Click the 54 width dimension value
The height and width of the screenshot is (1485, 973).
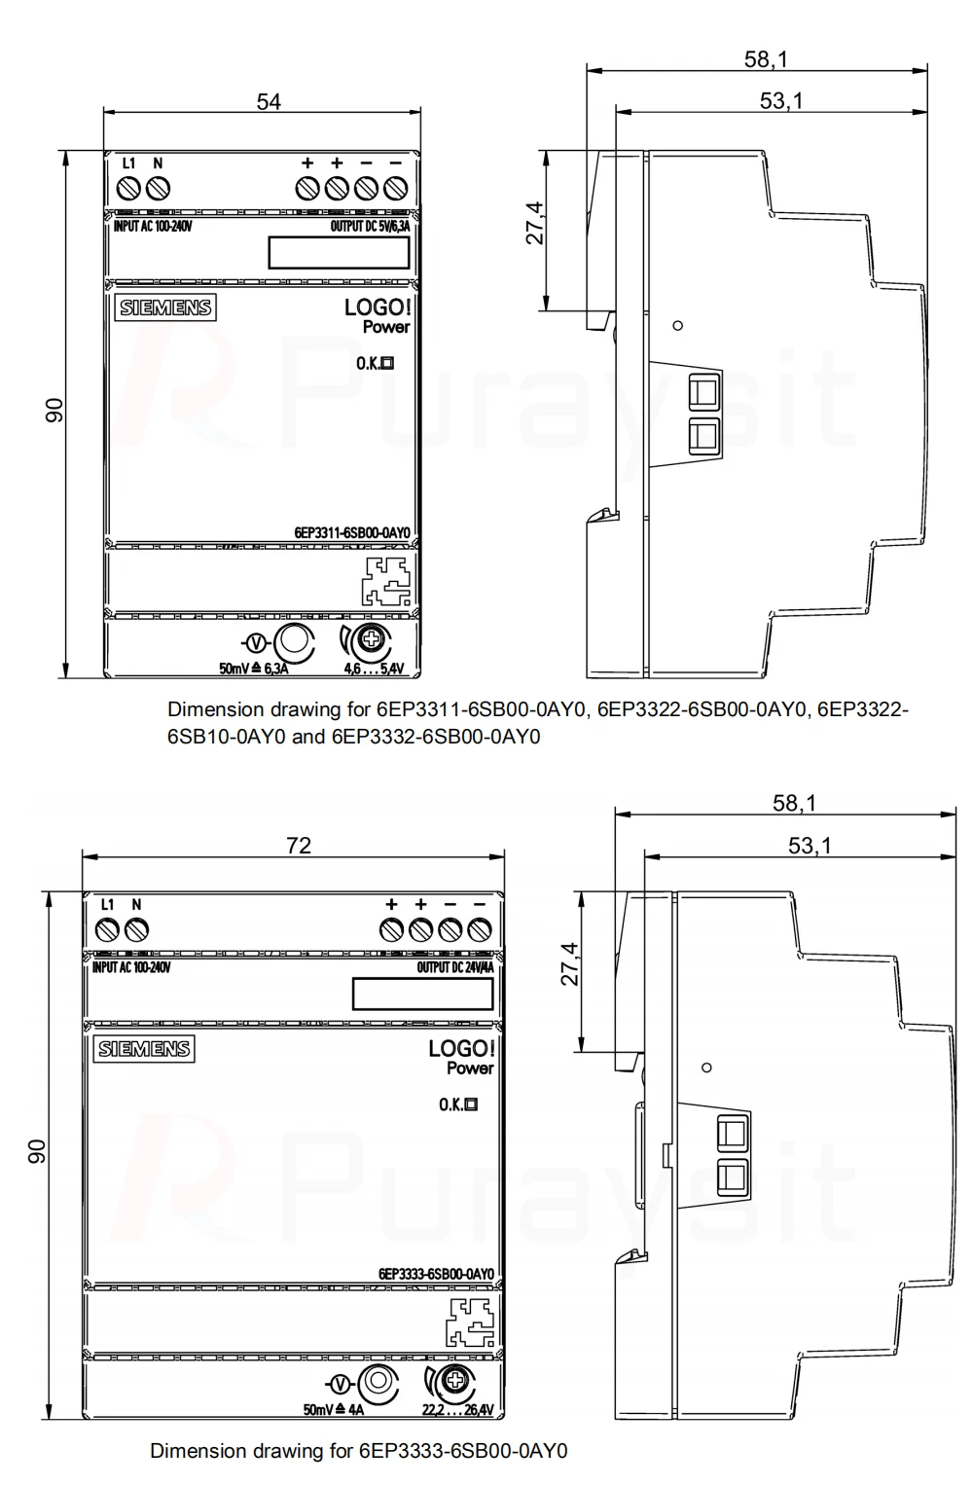[269, 101]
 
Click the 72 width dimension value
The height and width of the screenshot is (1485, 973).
[299, 846]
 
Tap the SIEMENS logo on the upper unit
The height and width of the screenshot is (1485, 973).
[165, 308]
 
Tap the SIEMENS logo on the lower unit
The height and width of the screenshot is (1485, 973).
[144, 1049]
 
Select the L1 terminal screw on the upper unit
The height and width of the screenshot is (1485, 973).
[127, 188]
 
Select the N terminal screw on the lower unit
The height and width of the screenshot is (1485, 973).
[136, 929]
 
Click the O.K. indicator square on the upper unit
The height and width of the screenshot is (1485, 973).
[388, 363]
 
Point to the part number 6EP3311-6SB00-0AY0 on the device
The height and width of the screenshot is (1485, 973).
[352, 532]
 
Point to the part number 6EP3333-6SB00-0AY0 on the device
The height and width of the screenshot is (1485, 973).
[436, 1274]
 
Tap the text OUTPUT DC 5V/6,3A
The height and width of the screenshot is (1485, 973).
[370, 227]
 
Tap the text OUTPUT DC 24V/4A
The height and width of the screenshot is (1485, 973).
[454, 968]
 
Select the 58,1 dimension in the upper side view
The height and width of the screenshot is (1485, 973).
[766, 59]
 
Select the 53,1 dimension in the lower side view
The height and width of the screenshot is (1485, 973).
[810, 846]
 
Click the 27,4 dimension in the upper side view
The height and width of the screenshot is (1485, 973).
[535, 224]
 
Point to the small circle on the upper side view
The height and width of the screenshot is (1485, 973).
[677, 325]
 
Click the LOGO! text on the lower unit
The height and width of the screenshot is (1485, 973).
[461, 1048]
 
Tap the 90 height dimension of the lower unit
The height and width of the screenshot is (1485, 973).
[37, 1151]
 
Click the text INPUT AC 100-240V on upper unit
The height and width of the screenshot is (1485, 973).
[153, 227]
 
